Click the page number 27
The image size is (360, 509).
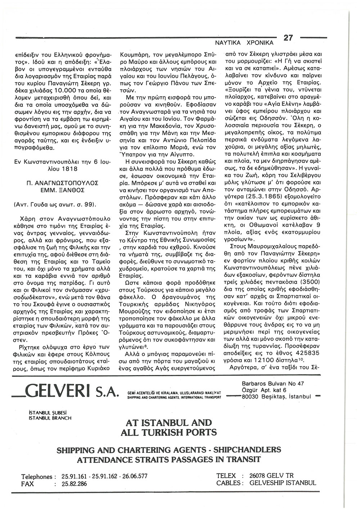pos(289,37)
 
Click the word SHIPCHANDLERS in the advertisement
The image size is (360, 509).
pos(247,450)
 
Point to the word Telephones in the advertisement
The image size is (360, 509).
pos(37,477)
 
